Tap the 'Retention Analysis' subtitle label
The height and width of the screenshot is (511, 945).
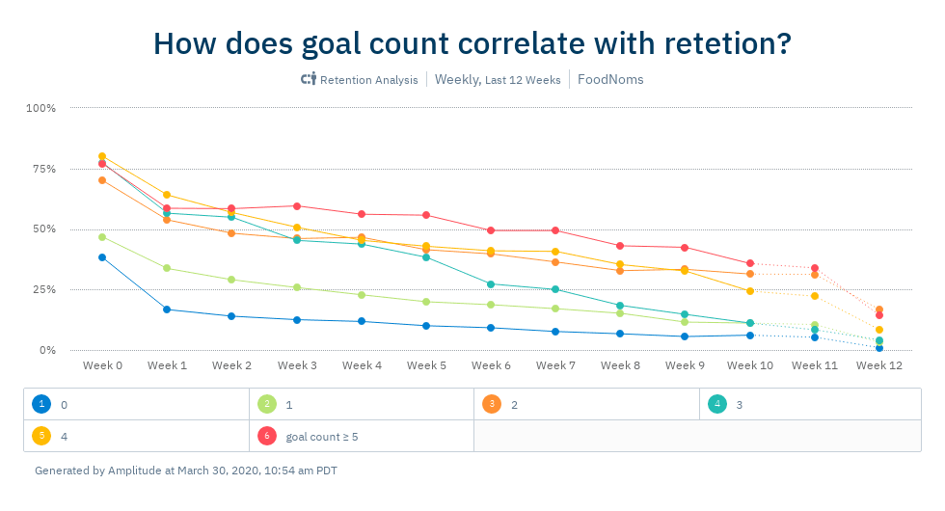368,80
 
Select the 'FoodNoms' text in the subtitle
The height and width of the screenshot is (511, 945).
610,80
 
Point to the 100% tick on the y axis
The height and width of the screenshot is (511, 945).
40,108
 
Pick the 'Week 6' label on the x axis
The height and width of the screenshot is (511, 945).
491,366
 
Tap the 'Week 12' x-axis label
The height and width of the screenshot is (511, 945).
878,366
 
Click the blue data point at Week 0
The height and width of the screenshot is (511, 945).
102,257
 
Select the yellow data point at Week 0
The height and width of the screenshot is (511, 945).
102,156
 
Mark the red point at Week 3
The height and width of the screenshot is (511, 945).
297,206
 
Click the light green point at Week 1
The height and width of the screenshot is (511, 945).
167,268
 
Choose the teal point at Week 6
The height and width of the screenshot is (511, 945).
491,284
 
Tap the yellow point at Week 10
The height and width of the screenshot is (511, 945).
750,291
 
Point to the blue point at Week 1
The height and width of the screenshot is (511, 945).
167,309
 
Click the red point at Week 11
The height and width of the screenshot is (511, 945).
815,268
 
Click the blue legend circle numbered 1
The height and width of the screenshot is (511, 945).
40,405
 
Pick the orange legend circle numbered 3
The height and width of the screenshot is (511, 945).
490,405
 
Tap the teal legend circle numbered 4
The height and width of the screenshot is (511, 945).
715,405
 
